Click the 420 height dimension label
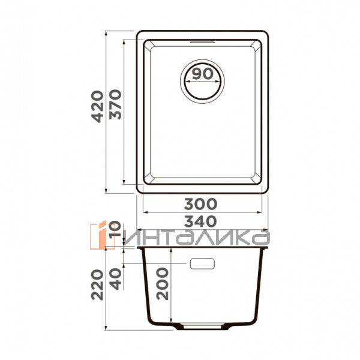(x=97, y=107)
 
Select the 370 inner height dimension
(x=115, y=104)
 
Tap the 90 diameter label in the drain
(x=203, y=74)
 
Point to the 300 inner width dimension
(x=200, y=204)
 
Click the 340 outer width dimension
(x=200, y=221)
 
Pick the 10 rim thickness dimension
(x=115, y=229)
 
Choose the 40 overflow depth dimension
(x=115, y=279)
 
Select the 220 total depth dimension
(x=97, y=284)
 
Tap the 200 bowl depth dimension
(x=163, y=284)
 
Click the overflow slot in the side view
(x=202, y=263)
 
